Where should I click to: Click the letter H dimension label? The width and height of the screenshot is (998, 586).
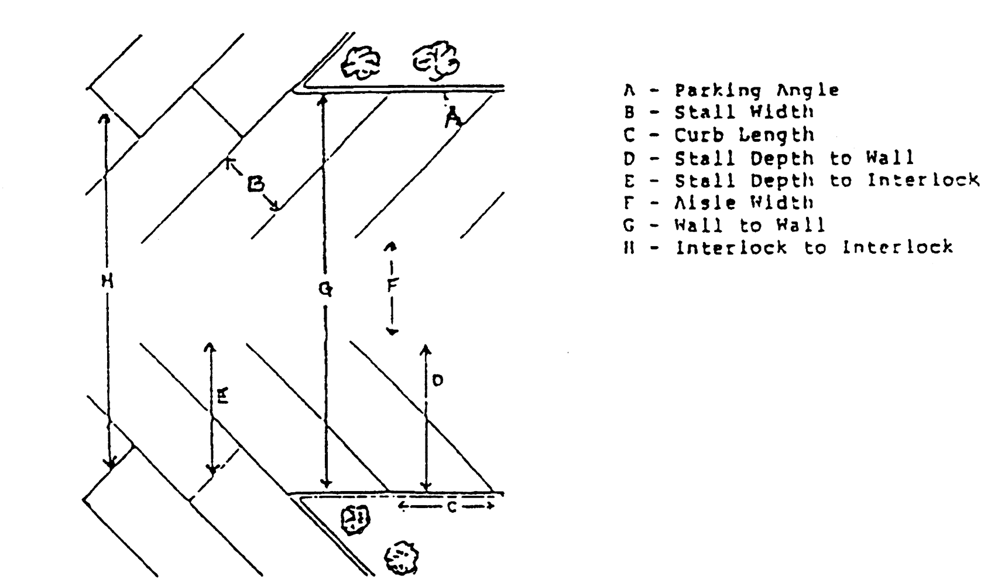pyautogui.click(x=107, y=282)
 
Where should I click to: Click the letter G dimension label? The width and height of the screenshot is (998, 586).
pyautogui.click(x=326, y=288)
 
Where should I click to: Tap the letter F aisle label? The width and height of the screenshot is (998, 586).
pyautogui.click(x=392, y=285)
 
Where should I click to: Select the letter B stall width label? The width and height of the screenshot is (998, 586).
pyautogui.click(x=255, y=185)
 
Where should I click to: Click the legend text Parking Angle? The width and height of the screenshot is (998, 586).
pyautogui.click(x=756, y=90)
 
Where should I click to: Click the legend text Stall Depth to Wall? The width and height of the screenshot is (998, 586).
pyautogui.click(x=794, y=158)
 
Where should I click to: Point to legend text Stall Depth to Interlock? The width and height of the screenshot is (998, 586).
pyautogui.click(x=826, y=180)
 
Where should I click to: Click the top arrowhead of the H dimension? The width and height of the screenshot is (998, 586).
pyautogui.click(x=105, y=117)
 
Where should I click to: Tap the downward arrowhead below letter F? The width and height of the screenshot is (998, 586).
pyautogui.click(x=393, y=331)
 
